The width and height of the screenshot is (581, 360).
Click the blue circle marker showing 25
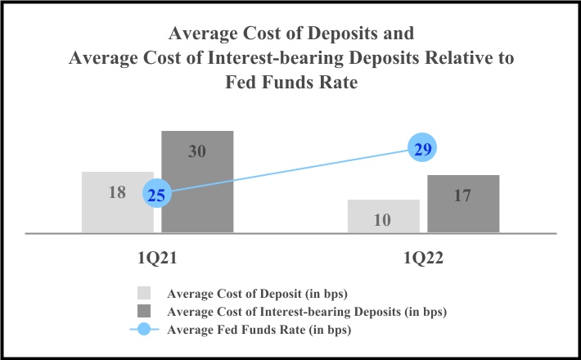click(x=156, y=195)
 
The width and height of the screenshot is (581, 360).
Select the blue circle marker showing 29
click(x=423, y=149)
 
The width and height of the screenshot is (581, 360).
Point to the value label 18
click(x=117, y=193)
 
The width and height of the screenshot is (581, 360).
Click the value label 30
click(x=197, y=151)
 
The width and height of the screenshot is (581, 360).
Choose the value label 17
click(x=463, y=196)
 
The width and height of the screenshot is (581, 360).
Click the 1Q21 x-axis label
click(x=157, y=257)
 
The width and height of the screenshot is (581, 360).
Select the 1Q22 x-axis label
click(x=423, y=257)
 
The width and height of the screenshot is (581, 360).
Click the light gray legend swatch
click(x=144, y=293)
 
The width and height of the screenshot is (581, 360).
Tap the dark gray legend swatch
click(x=144, y=311)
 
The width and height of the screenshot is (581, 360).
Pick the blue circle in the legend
click(x=144, y=330)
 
